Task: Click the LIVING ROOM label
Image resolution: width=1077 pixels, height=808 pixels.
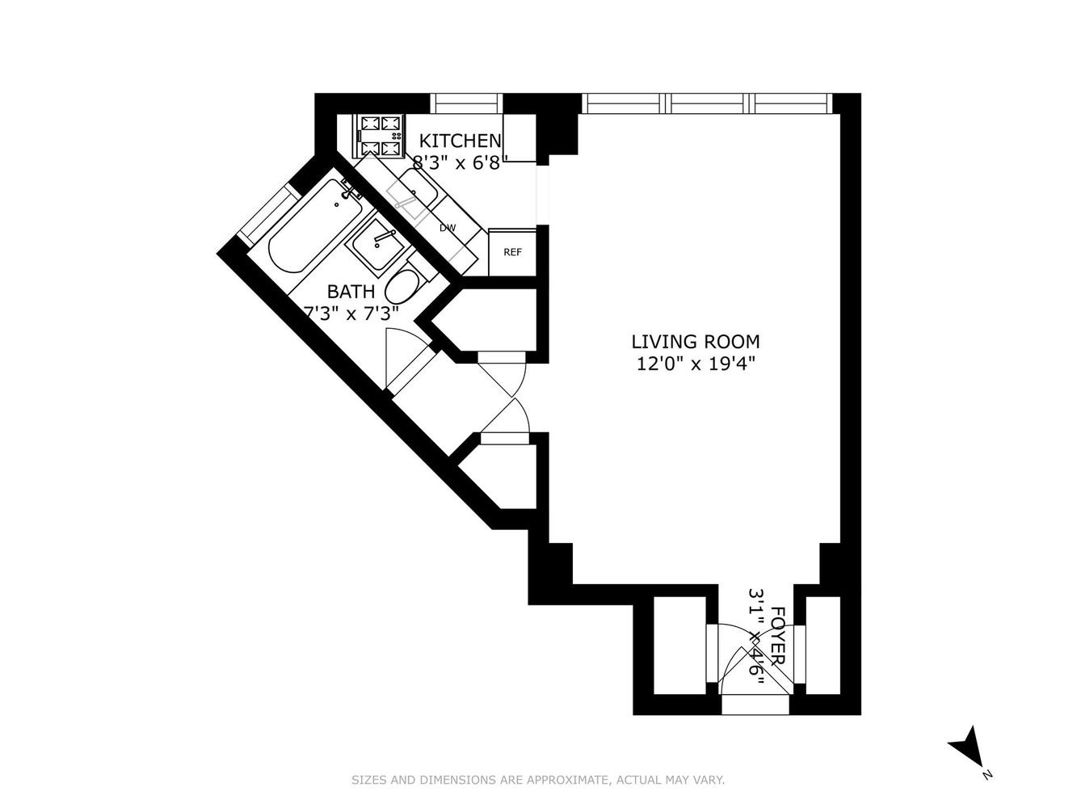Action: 696,342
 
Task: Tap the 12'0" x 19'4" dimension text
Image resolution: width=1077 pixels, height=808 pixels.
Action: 696,364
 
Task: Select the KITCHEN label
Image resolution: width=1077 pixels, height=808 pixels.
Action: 461,141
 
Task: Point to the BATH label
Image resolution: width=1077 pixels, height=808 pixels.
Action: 351,292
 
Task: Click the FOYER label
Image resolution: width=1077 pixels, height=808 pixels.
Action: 778,636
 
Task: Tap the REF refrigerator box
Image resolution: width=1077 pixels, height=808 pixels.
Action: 512,252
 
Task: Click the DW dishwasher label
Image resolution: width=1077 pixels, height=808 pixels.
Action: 448,228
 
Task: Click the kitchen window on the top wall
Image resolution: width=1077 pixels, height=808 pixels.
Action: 467,103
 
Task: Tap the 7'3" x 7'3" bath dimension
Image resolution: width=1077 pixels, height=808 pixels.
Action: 351,313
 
